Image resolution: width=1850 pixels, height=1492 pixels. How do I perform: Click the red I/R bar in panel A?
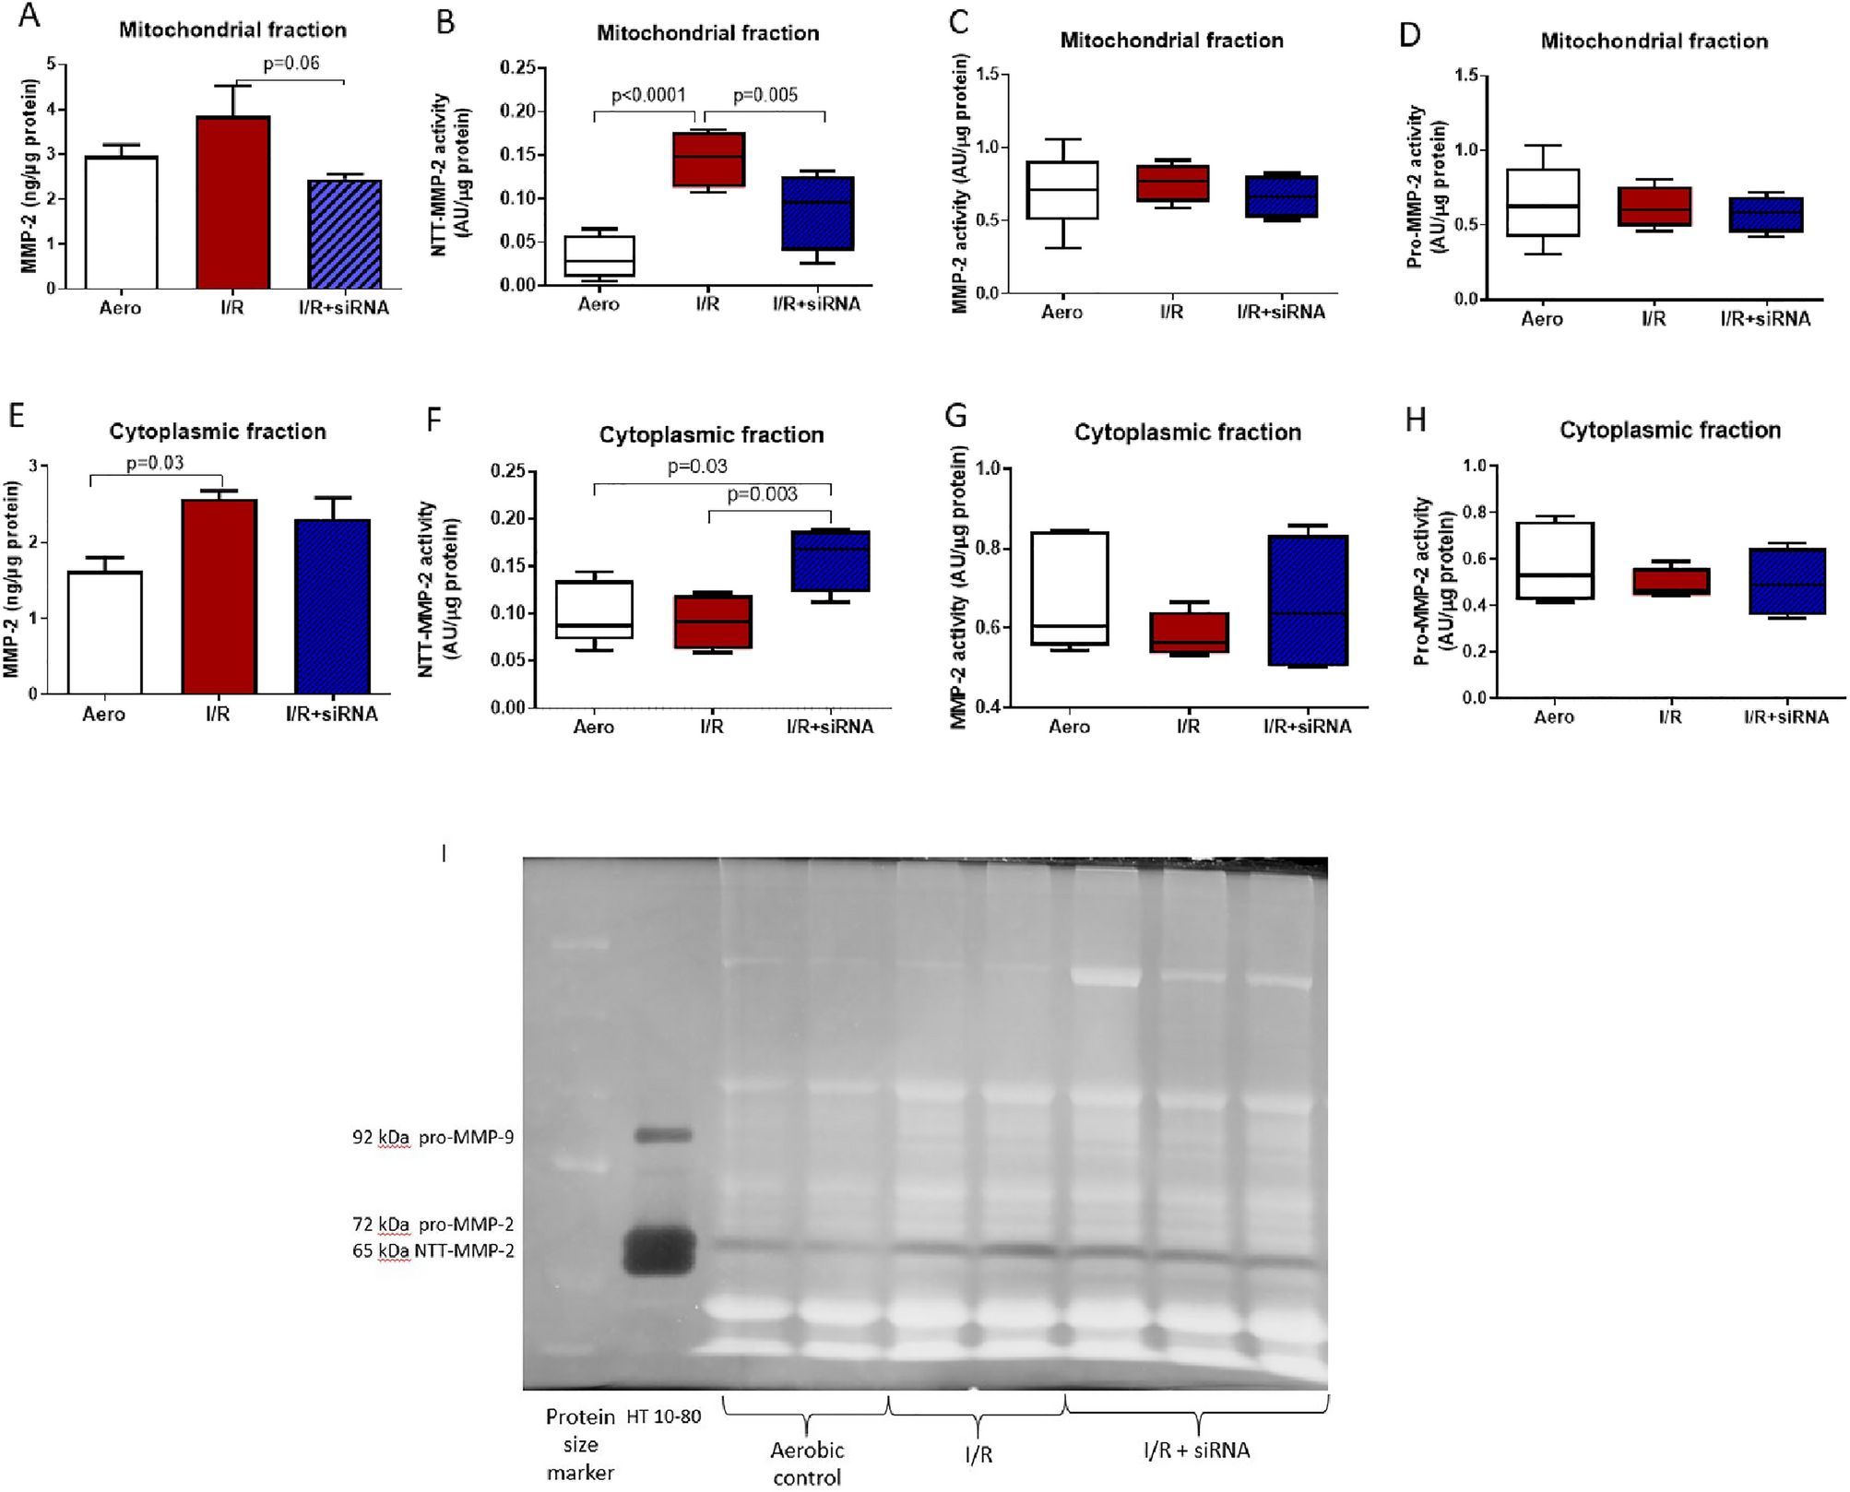(x=232, y=203)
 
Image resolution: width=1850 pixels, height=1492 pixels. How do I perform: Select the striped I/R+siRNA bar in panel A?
(x=344, y=234)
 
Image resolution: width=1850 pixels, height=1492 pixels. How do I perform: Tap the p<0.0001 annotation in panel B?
(x=648, y=95)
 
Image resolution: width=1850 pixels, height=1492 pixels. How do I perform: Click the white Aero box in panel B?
(x=599, y=255)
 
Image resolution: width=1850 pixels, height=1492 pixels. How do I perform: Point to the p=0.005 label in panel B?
(x=765, y=95)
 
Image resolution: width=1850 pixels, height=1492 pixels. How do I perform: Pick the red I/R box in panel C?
(x=1171, y=184)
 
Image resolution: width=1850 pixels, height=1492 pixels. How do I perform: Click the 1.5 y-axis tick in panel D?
(x=1465, y=75)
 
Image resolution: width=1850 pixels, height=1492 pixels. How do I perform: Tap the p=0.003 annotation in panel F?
(x=762, y=494)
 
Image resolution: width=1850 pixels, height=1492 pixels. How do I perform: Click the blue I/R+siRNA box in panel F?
(x=831, y=561)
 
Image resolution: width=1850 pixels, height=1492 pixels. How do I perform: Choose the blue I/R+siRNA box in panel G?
(x=1308, y=599)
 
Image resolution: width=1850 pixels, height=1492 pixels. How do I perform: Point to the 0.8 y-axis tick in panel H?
(x=1474, y=512)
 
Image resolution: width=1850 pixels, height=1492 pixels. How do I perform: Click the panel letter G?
(x=956, y=417)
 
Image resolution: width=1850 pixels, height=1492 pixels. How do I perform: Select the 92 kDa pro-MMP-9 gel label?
(x=433, y=1137)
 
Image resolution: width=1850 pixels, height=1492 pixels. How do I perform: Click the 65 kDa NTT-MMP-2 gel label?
(x=433, y=1251)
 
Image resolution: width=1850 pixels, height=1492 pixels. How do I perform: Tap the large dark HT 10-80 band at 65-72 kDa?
(x=658, y=1250)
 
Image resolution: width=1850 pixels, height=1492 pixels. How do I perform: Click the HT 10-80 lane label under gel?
(x=664, y=1416)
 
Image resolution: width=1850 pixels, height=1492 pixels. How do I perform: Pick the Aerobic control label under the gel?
(x=807, y=1463)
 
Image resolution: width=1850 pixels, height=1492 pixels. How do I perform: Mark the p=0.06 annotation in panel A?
(x=291, y=63)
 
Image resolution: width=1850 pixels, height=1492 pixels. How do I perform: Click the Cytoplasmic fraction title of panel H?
(x=1669, y=430)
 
